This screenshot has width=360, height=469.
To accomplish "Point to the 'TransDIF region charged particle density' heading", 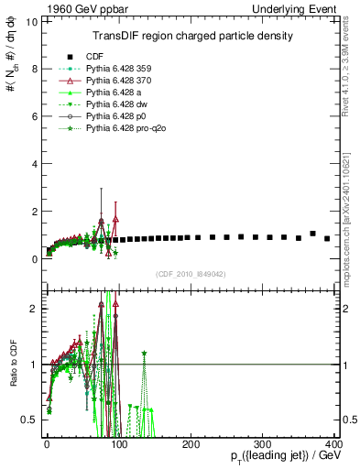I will click(x=192, y=37).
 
